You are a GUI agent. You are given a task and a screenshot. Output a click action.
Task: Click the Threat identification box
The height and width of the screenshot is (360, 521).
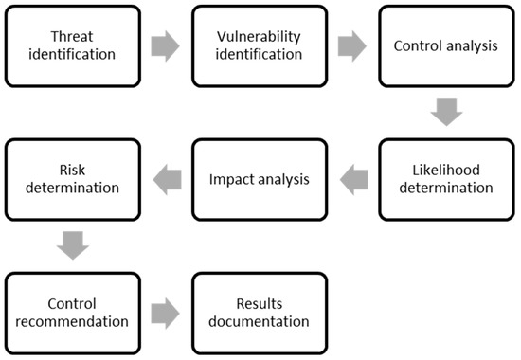coord(72,44)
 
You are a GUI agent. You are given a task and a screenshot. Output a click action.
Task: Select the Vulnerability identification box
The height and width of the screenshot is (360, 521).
coord(260,44)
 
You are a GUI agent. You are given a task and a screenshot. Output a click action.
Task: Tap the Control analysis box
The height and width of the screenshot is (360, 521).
coord(446,44)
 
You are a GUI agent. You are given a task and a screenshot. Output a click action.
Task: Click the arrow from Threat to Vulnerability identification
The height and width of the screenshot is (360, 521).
coord(166,45)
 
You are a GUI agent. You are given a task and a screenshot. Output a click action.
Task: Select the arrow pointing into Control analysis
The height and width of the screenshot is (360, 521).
coord(352,45)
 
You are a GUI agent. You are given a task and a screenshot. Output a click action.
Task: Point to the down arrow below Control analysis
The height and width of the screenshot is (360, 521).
coord(446,110)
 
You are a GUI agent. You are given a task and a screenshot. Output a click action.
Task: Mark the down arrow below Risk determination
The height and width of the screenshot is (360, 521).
coord(72,243)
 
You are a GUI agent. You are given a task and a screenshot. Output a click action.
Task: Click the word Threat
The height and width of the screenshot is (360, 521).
coord(72,34)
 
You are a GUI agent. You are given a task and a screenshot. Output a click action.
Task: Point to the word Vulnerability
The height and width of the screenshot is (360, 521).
coord(260,34)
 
